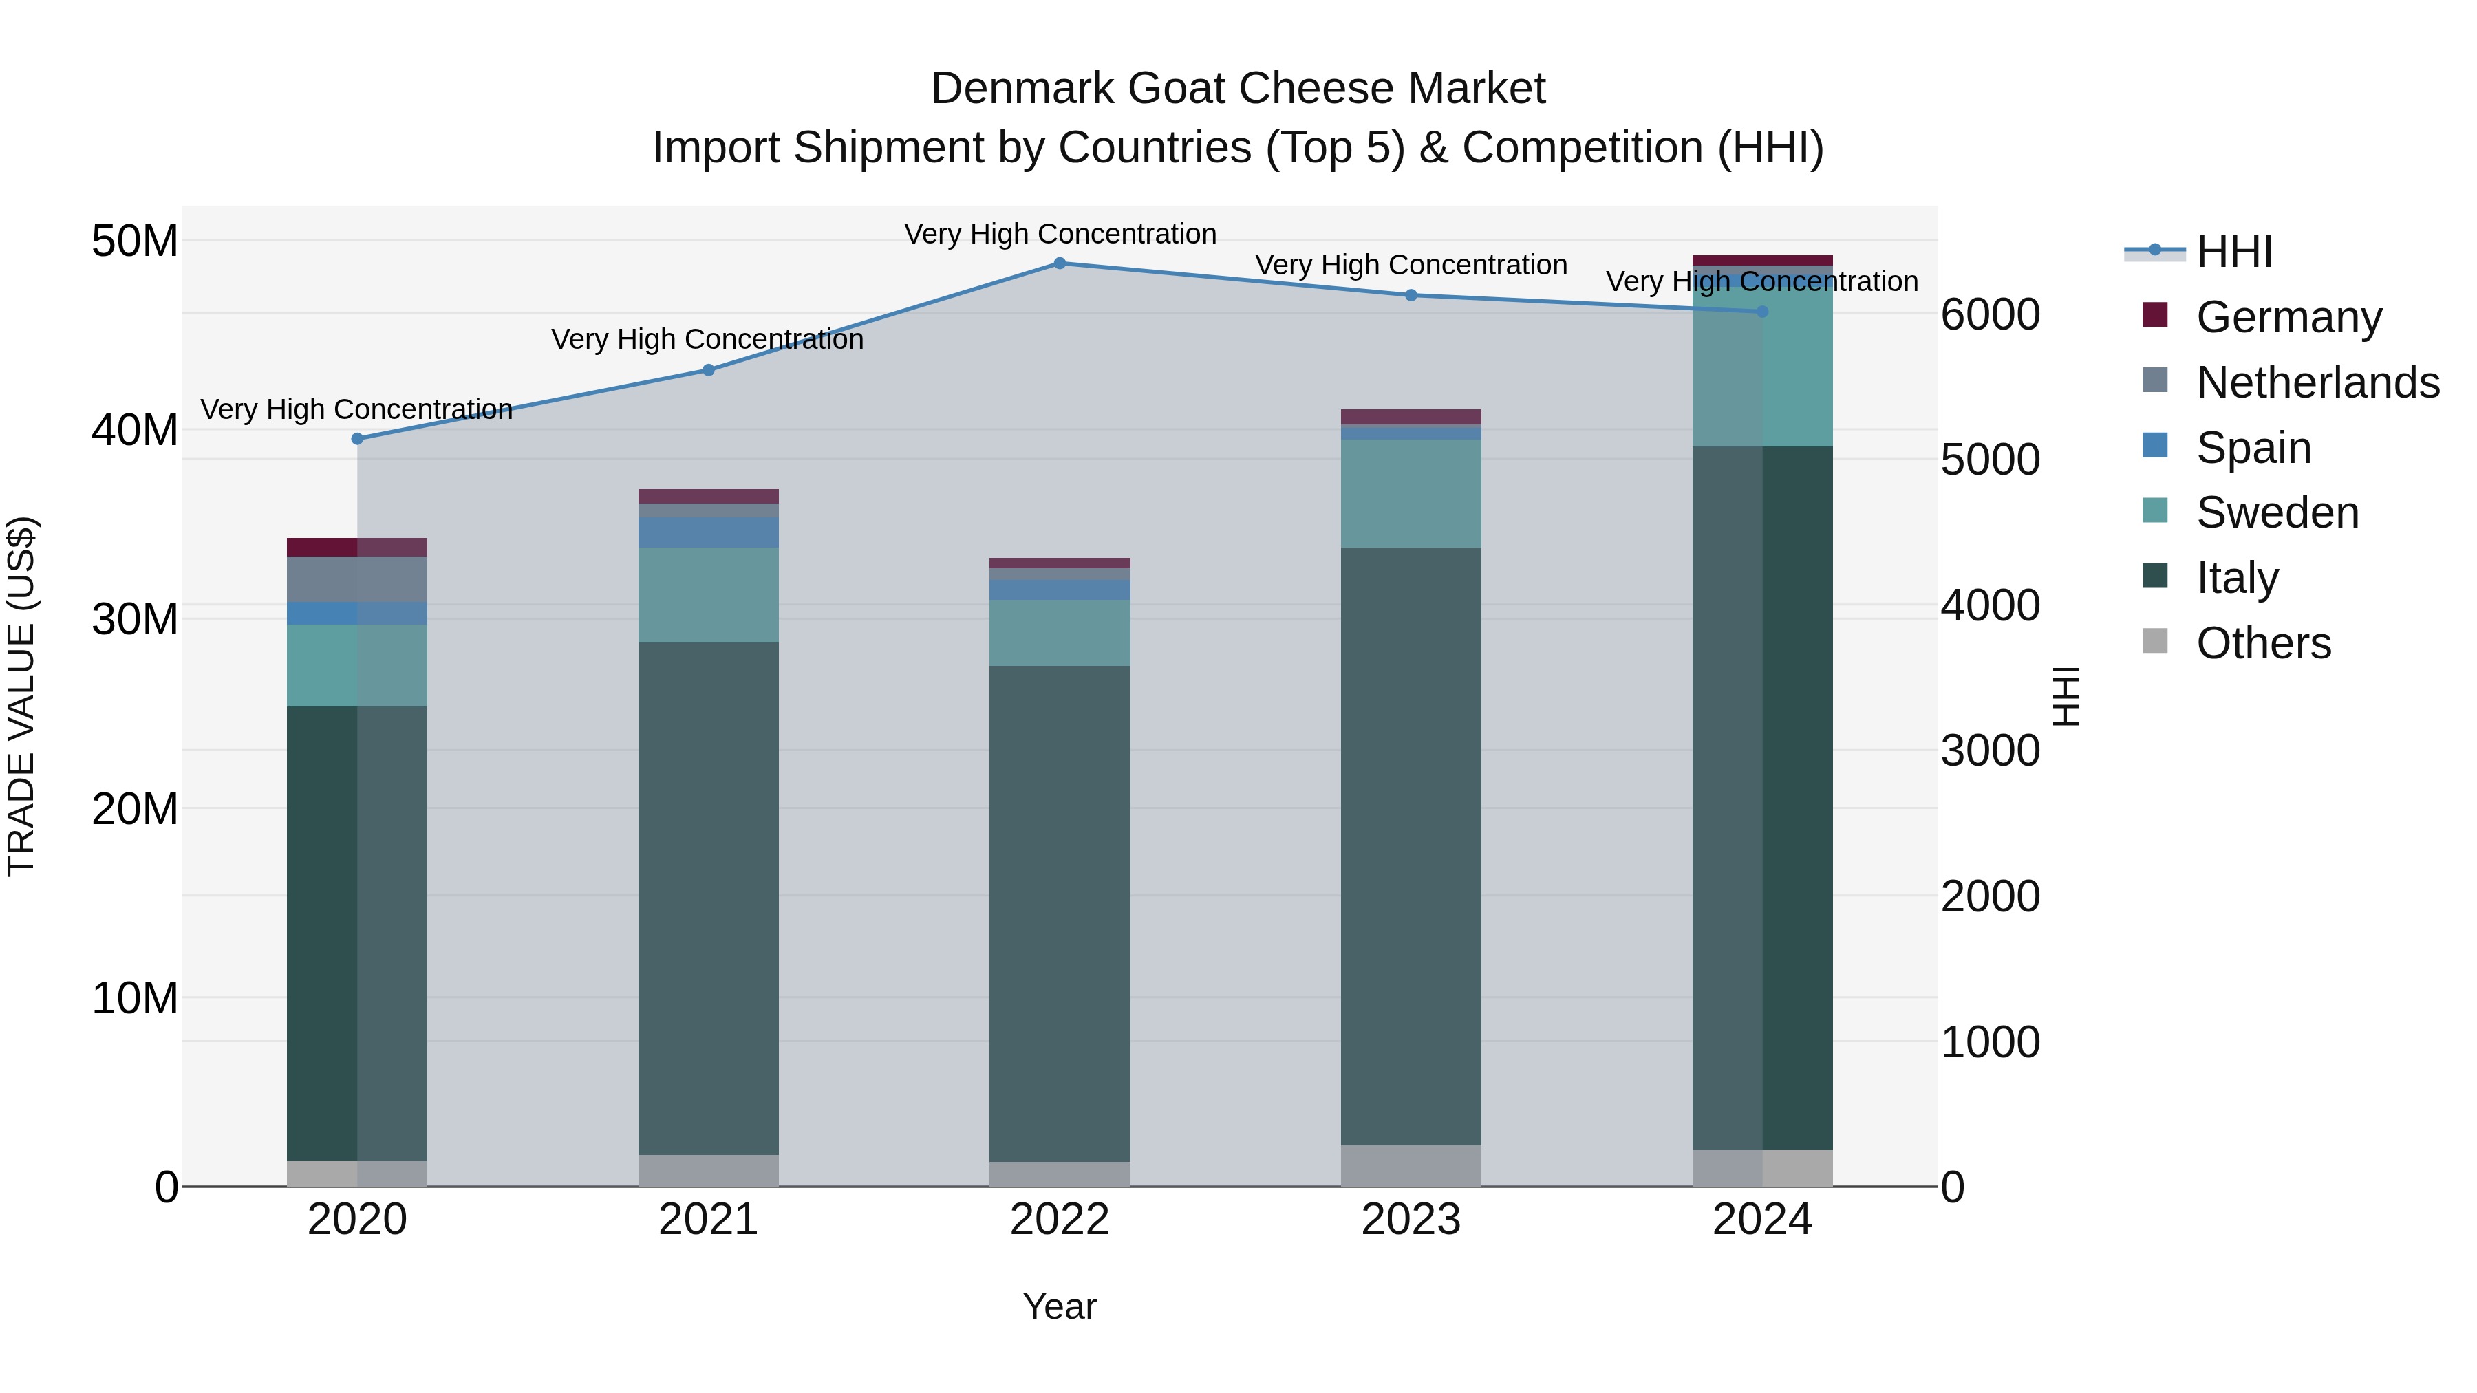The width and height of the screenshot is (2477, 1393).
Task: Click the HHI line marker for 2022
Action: click(x=1060, y=263)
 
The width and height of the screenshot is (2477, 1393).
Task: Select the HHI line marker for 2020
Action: click(x=358, y=440)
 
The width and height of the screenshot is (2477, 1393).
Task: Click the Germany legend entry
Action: click(x=2288, y=317)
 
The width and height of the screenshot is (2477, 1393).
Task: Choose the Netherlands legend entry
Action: click(x=2317, y=382)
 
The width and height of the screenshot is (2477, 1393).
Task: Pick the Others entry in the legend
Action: click(x=2264, y=643)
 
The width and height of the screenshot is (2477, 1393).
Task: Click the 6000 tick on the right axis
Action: click(x=1989, y=314)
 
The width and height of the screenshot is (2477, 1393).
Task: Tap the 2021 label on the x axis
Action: click(x=709, y=1220)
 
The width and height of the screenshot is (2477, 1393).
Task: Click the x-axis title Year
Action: click(x=1060, y=1306)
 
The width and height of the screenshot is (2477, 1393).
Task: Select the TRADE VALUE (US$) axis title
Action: click(x=22, y=696)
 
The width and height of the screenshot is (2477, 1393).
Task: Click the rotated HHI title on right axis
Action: click(x=2066, y=696)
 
